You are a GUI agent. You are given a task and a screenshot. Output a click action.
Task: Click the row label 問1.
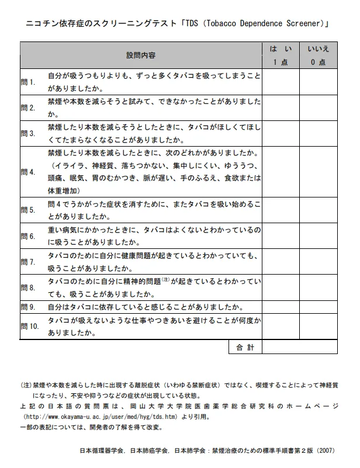tap(28, 82)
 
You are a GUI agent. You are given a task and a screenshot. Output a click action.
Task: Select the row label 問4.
tap(28, 172)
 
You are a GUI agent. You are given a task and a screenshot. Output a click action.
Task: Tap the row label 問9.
tap(28, 307)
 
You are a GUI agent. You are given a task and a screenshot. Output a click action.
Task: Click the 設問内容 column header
tap(141, 56)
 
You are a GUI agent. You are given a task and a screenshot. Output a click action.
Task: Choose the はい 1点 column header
tap(280, 56)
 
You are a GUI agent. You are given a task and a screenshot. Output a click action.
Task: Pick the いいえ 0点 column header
tap(319, 56)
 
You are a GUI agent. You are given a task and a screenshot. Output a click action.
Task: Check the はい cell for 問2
tap(280, 108)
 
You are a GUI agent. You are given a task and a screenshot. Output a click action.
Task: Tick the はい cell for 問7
tap(280, 262)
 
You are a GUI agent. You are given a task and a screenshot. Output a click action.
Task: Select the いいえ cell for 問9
tap(319, 307)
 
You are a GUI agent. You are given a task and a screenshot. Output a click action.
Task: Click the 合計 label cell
tap(245, 348)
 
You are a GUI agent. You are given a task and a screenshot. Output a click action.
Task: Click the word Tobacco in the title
tap(223, 24)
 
